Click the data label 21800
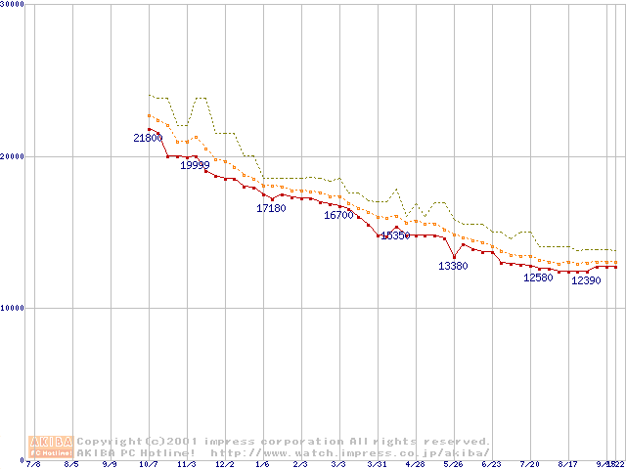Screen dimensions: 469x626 pyautogui.click(x=148, y=139)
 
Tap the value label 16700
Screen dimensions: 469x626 pyautogui.click(x=338, y=215)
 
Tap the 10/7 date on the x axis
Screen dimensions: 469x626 pyautogui.click(x=149, y=464)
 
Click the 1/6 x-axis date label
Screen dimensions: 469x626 pyautogui.click(x=262, y=464)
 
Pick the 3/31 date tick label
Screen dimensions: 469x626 pyautogui.click(x=377, y=464)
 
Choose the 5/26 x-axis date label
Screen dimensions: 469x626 pyautogui.click(x=452, y=464)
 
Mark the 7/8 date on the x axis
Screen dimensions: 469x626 pyautogui.click(x=34, y=464)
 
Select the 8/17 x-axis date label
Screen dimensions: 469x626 pyautogui.click(x=566, y=464)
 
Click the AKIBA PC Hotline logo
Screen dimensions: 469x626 pyautogui.click(x=52, y=447)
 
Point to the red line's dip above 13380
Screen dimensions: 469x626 pyautogui.click(x=453, y=257)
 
